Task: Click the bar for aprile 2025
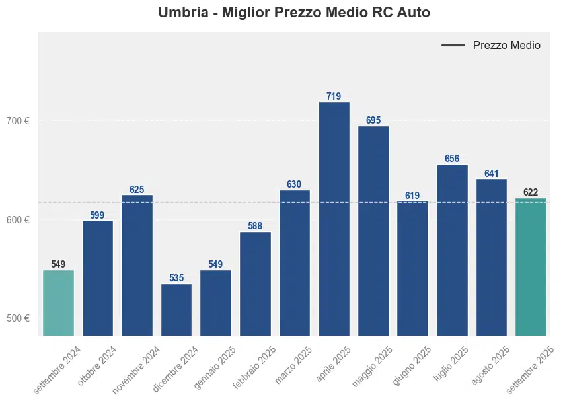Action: (334, 219)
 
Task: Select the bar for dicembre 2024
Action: (176, 310)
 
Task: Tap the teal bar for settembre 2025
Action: (531, 267)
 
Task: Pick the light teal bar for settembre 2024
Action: (58, 303)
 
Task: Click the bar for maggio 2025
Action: (373, 231)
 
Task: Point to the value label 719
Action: (334, 96)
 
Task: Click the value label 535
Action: (176, 278)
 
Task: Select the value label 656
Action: (452, 159)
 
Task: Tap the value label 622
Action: (531, 192)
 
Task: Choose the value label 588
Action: (255, 226)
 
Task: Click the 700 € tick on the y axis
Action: (19, 121)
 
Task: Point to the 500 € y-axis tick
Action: (19, 318)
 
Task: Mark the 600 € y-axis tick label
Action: (19, 220)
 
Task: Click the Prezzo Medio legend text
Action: (506, 46)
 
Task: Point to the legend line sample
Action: (453, 46)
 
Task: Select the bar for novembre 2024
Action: (137, 265)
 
